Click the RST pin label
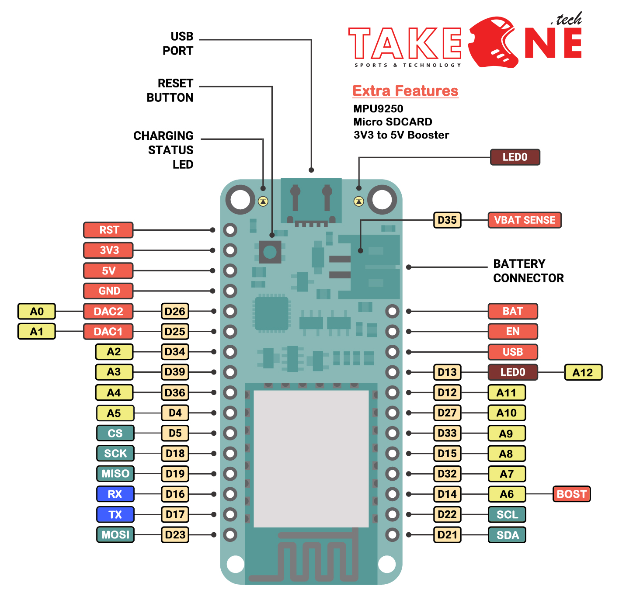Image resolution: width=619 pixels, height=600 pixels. pos(108,230)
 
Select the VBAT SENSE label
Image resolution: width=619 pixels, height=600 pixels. pos(524,220)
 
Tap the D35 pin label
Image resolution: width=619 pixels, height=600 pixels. pos(447,220)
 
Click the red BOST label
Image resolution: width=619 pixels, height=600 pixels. pos(571,494)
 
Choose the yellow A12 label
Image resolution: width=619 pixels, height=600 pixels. pos(583,372)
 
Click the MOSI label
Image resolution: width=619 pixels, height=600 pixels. pos(115,535)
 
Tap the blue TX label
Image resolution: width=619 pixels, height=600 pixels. pos(115,515)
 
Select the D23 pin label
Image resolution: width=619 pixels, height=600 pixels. pos(175,535)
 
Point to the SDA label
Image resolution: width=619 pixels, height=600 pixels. pos(507,535)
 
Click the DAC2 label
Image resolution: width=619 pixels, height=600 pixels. pos(108,312)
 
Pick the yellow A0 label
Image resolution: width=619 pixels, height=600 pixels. pos(37,312)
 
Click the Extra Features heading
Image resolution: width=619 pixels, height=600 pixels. pos(405,91)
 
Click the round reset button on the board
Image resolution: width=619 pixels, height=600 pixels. pos(270,252)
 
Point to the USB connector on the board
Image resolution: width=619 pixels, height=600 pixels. pos(311,201)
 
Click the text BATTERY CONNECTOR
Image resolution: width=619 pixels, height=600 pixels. pos(528,271)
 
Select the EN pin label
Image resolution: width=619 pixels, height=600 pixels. pos(513,332)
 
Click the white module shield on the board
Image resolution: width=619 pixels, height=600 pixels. pos(311,459)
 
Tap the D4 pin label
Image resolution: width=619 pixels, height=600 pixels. pos(175,413)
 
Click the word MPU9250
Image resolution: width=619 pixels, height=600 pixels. pos(378,109)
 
